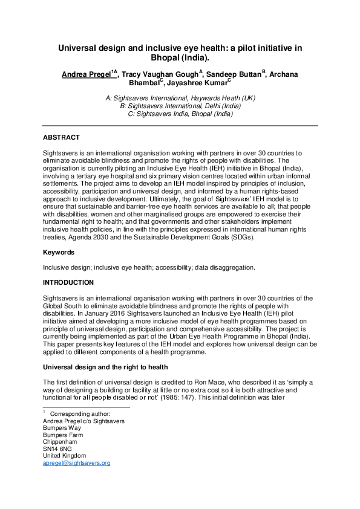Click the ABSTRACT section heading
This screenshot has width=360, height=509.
tap(61, 138)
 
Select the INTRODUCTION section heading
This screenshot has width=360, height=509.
tap(68, 282)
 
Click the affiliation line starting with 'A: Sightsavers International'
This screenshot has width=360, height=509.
tap(180, 97)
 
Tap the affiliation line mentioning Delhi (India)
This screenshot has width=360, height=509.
tap(180, 105)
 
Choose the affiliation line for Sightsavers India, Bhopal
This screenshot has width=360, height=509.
tap(180, 112)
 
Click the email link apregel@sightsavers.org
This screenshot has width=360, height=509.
tap(76, 463)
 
